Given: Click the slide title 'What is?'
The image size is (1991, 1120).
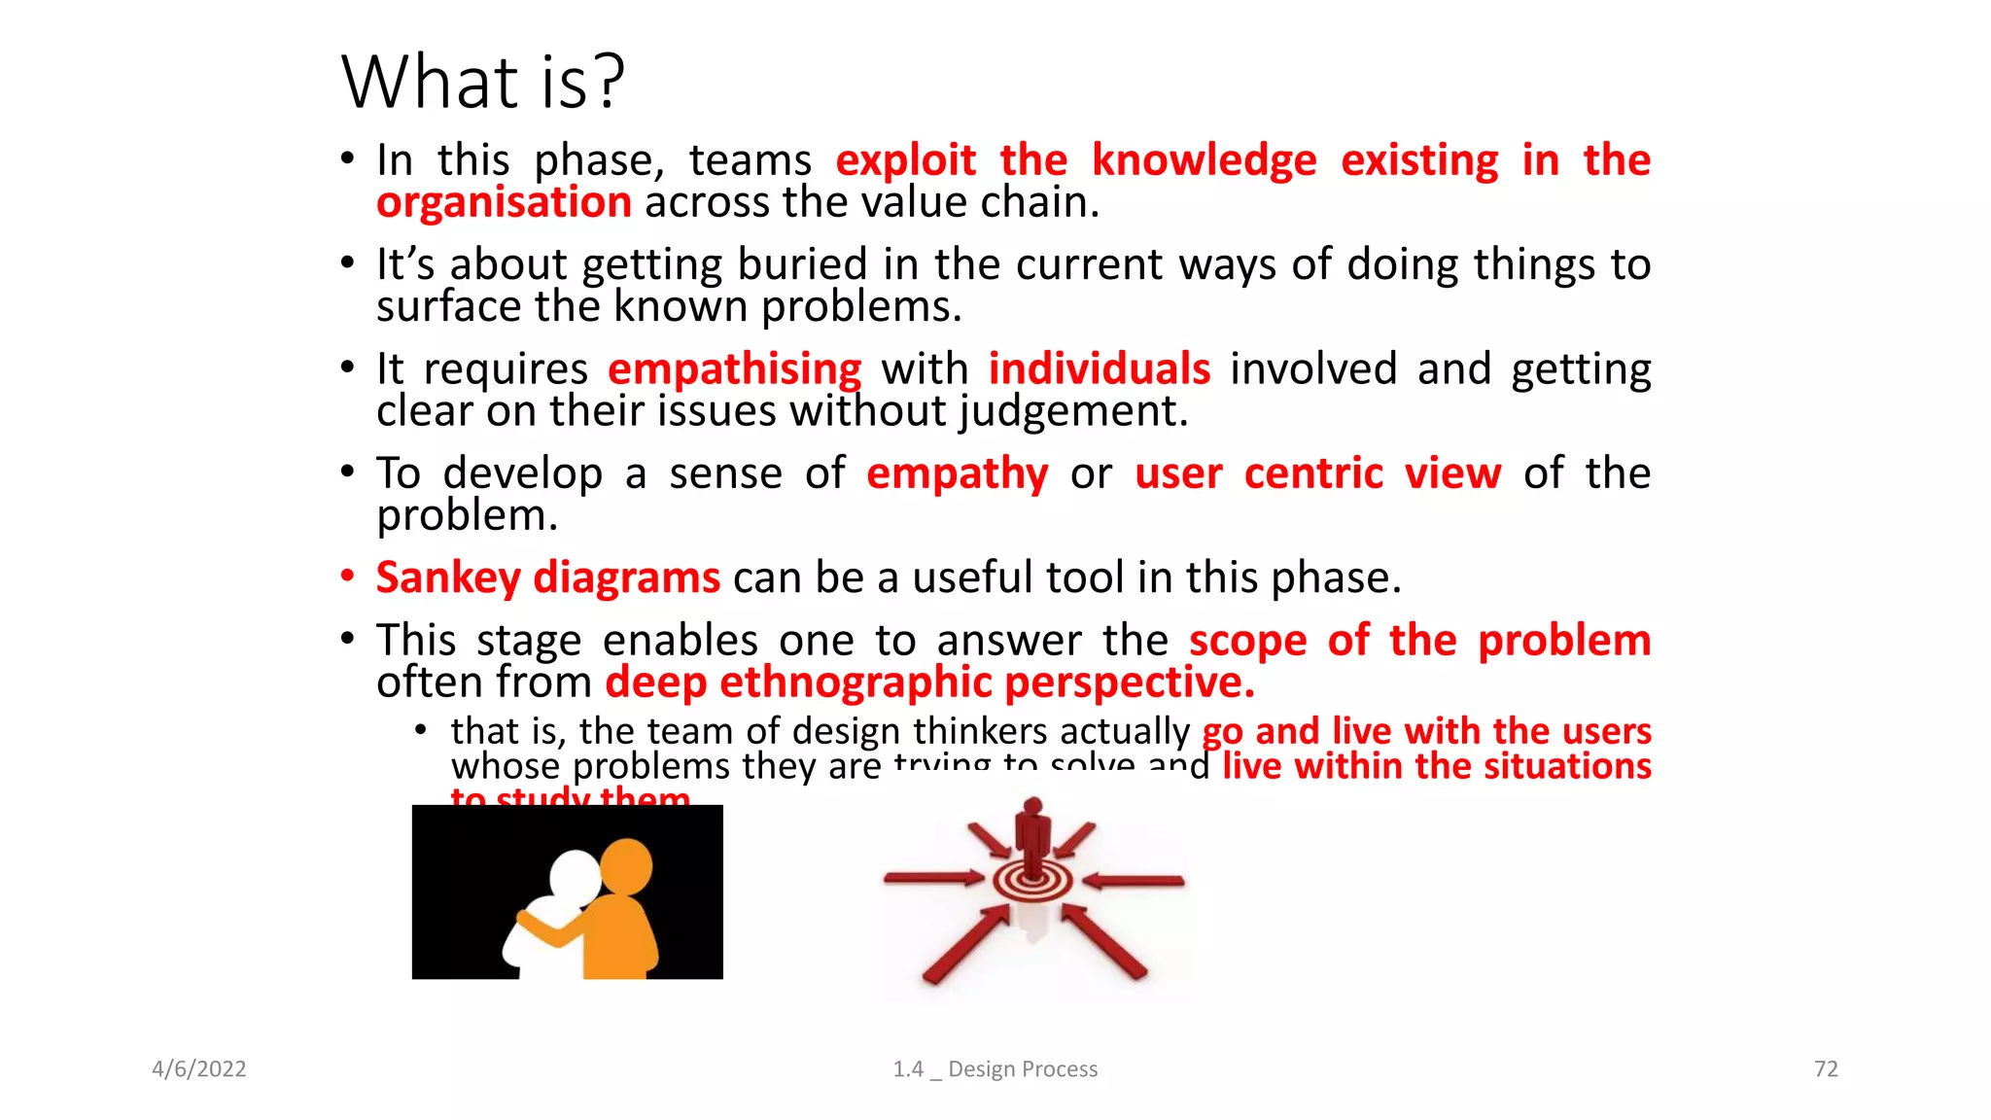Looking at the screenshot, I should click(482, 82).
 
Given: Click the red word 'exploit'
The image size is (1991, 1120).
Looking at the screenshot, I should click(905, 160).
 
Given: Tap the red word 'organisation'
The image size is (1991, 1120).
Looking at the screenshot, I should click(504, 203).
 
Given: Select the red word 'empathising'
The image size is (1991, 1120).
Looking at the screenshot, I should click(734, 370).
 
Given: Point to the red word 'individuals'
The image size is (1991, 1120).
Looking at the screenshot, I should click(1099, 369).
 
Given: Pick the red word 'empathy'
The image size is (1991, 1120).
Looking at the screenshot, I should click(957, 474).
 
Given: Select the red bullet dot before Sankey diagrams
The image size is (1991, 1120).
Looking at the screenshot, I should click(348, 576).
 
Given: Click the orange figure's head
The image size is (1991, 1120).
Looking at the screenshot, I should click(626, 865).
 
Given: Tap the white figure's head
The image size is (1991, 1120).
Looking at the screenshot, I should click(575, 876).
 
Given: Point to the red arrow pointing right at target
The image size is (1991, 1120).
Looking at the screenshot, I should click(933, 879).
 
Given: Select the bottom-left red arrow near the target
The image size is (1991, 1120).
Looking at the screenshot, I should click(966, 944).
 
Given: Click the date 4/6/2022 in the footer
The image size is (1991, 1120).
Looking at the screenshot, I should click(199, 1069).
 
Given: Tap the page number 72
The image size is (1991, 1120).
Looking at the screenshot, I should click(1826, 1069).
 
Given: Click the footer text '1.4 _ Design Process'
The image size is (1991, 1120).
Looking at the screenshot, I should click(995, 1069).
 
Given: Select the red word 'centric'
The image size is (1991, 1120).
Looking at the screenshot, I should click(1312, 474).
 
